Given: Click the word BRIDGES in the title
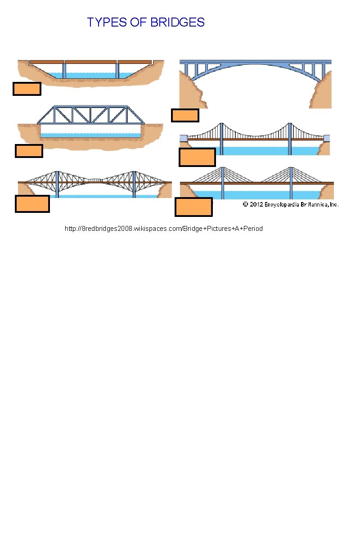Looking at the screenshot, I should tap(177, 22).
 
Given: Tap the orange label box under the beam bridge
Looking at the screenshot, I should tap(27, 89).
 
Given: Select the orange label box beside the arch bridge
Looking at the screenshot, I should tap(185, 116).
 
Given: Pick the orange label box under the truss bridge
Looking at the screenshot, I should tap(29, 151).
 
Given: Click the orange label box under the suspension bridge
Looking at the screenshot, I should tap(197, 158).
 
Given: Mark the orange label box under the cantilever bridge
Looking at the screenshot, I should tap(32, 204).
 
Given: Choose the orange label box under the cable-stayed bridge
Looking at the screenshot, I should tap(193, 207).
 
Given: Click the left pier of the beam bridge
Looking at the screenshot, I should tap(64, 71).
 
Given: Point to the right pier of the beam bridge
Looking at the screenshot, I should tap(117, 71).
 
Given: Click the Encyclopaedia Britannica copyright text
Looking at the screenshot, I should tap(290, 204).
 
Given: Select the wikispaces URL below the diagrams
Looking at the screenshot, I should tap(164, 229).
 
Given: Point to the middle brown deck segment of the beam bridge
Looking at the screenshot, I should tap(91, 62).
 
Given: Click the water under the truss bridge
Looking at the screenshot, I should tap(90, 135).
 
